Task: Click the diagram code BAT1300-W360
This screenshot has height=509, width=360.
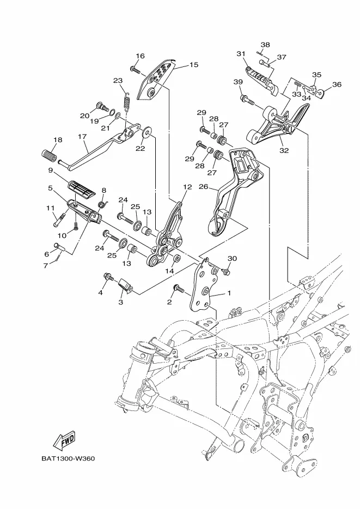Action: (x=68, y=459)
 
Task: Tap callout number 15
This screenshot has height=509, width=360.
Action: (x=193, y=65)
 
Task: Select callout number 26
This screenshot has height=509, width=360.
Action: (x=203, y=187)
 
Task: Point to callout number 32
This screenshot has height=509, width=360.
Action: (x=284, y=150)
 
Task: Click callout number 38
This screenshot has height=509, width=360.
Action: (x=265, y=45)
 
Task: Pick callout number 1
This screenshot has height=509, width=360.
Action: (x=229, y=293)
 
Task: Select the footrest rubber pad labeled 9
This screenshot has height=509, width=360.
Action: (x=82, y=189)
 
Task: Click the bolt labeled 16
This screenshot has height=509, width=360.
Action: (x=135, y=70)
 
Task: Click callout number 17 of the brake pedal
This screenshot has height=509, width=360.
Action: (x=82, y=137)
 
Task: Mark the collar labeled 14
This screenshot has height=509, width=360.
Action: (x=177, y=259)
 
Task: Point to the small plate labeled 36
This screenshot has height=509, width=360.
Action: (x=321, y=93)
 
